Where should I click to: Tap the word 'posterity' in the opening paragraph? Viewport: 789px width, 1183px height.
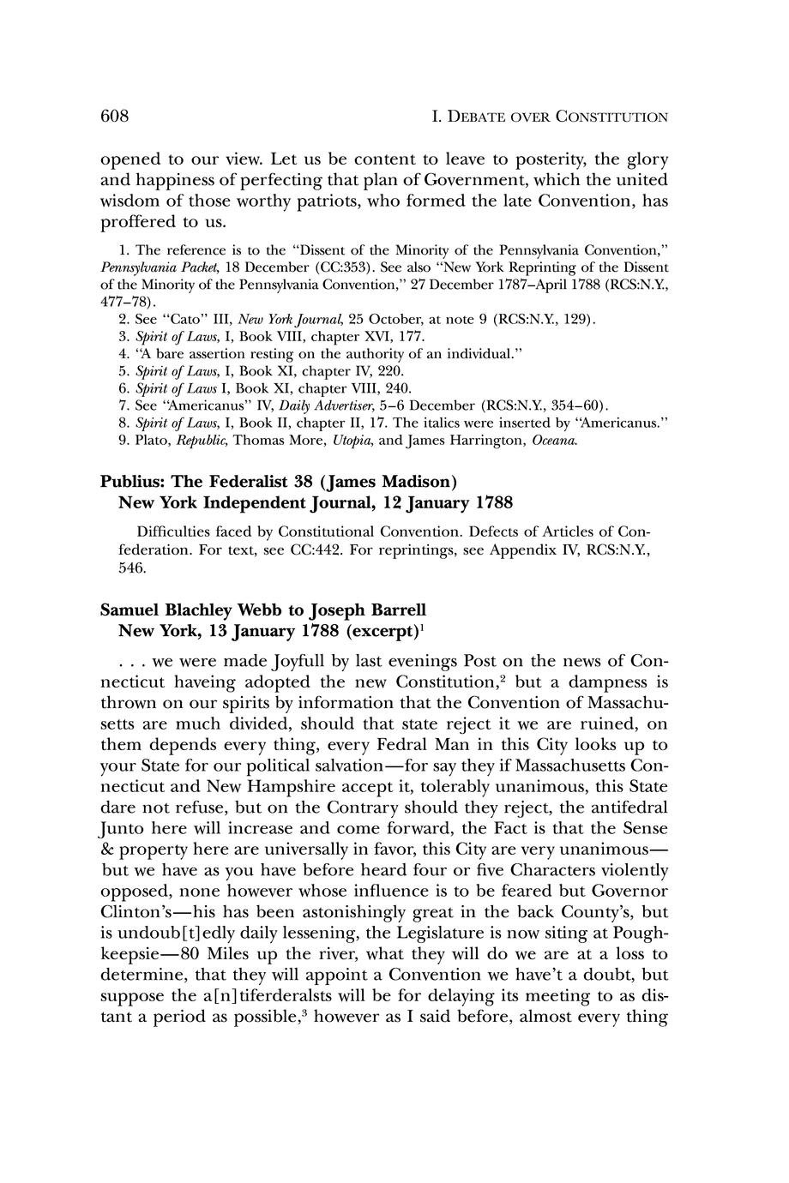(523, 159)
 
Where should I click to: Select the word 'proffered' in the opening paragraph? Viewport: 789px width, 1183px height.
(137, 222)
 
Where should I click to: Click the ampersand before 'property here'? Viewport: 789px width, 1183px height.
(108, 849)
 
